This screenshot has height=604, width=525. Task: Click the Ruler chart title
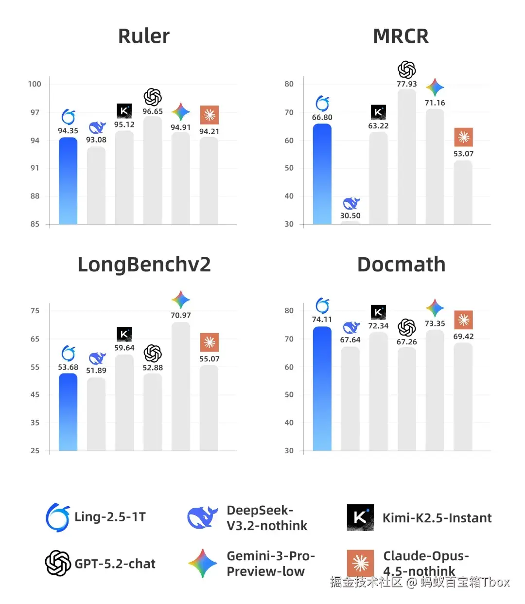click(144, 36)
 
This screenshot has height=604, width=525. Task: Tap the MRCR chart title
click(401, 36)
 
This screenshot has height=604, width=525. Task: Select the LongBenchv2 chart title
click(144, 265)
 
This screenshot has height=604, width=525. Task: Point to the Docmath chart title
click(401, 265)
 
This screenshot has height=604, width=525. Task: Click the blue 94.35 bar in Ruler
click(68, 181)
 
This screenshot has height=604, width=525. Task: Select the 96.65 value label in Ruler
click(153, 111)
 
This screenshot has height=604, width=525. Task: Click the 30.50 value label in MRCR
click(350, 215)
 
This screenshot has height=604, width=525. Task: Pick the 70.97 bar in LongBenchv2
click(181, 386)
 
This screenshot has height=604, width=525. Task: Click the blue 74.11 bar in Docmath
click(322, 389)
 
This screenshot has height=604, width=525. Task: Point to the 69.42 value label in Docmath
click(463, 337)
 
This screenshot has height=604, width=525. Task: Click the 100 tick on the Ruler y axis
click(35, 84)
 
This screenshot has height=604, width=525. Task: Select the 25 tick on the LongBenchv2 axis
click(35, 451)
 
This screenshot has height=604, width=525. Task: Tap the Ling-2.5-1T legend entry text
click(110, 517)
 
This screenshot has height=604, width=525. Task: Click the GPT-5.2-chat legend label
click(115, 564)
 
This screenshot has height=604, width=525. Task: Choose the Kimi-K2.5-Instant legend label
click(437, 518)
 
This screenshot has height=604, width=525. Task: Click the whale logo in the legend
click(202, 517)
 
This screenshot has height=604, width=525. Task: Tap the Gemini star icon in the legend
click(203, 563)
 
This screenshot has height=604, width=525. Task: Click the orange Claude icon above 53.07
click(463, 137)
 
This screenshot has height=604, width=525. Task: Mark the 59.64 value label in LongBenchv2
click(124, 348)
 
